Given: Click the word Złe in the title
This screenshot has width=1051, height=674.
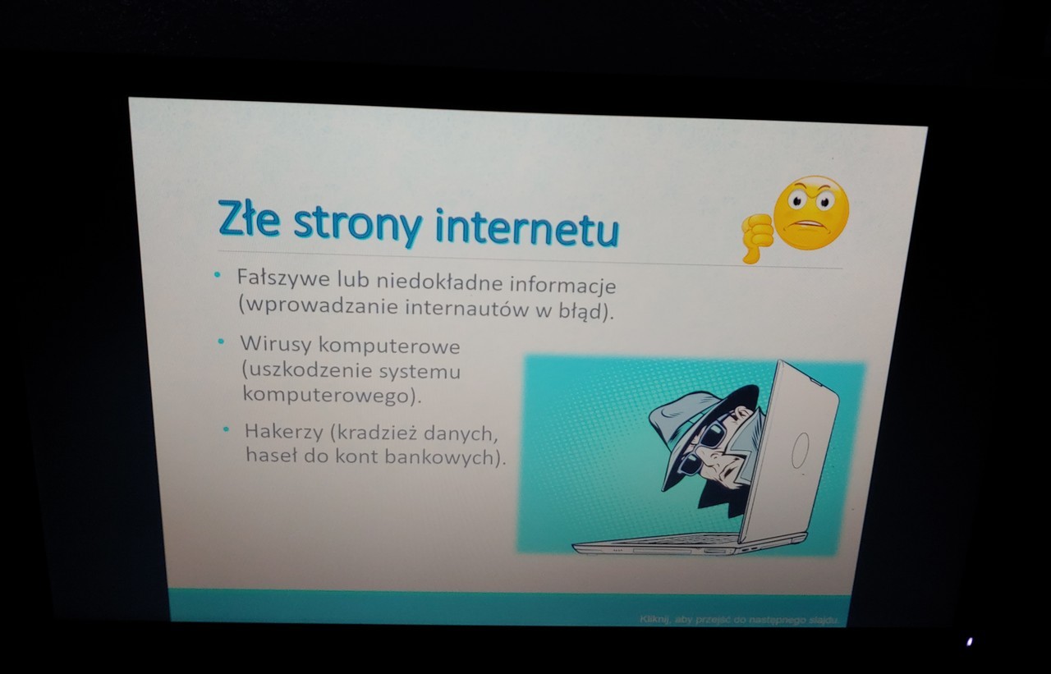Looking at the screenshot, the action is click(249, 218).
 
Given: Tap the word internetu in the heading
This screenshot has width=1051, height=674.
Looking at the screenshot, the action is click(527, 228).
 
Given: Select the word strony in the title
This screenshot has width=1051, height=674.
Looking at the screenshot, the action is click(357, 225).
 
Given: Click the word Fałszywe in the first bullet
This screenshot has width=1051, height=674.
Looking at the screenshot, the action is click(283, 278).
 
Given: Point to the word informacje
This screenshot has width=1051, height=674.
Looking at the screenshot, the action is click(563, 285).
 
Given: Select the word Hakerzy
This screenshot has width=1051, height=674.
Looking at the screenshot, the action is click(284, 432).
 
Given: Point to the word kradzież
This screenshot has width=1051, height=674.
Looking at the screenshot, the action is click(374, 433).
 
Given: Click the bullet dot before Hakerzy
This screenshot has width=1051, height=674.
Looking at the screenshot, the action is click(226, 429).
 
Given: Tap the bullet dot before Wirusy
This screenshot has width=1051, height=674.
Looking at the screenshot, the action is click(221, 341).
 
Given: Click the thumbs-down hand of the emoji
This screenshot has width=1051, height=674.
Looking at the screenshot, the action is click(756, 237).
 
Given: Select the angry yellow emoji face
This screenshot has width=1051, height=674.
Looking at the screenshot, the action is click(810, 213).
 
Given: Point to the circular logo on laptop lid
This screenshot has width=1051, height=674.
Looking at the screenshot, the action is click(800, 450).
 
